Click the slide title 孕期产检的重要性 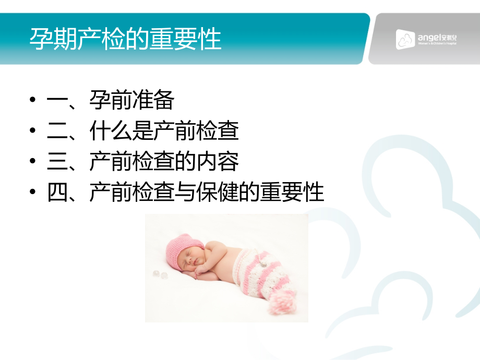[x=125, y=39]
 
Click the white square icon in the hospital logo [x=405, y=39]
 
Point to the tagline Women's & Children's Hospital [x=437, y=44]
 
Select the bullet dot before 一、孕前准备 [x=33, y=101]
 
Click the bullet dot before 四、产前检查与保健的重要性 [x=33, y=193]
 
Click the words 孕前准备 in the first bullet [x=131, y=101]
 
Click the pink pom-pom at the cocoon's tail [x=282, y=303]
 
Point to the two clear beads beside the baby [x=159, y=274]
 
